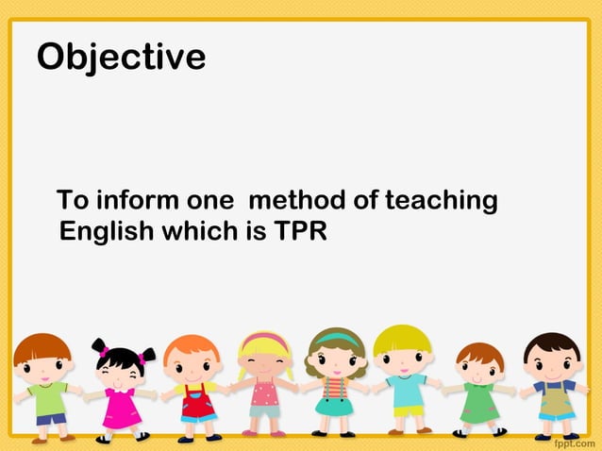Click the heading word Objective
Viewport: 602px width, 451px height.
coord(121,57)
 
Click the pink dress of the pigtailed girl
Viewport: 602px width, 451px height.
coord(122,408)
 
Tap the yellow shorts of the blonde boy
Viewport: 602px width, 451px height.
coord(408,410)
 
